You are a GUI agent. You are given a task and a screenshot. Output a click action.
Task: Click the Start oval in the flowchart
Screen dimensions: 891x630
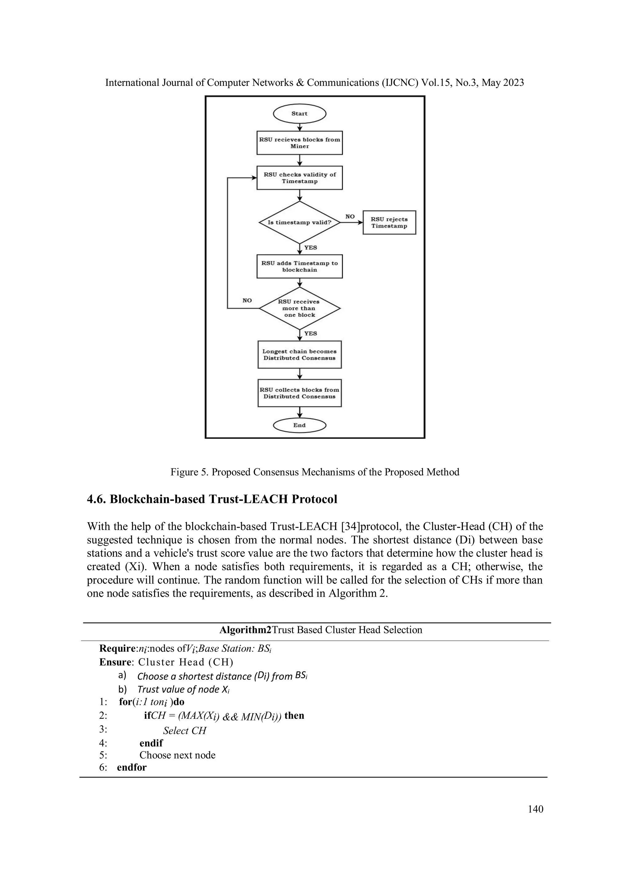click(299, 114)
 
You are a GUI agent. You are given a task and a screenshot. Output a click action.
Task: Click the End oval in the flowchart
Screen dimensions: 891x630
click(299, 425)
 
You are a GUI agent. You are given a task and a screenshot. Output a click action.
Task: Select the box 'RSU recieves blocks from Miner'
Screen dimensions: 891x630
click(299, 143)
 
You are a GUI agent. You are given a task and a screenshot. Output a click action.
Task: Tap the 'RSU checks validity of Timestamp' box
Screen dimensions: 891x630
click(299, 178)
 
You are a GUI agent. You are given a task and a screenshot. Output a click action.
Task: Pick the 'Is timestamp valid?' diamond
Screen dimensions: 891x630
click(299, 223)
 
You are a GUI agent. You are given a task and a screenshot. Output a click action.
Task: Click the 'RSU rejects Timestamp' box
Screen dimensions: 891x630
click(389, 223)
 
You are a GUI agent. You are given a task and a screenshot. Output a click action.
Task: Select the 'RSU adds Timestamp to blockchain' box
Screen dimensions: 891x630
click(299, 266)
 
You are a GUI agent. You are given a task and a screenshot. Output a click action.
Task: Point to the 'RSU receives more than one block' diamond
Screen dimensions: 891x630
click(299, 308)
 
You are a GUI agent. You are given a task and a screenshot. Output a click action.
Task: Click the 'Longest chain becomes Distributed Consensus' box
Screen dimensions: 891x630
click(299, 355)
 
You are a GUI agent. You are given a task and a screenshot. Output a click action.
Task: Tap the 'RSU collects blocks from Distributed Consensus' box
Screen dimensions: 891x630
click(299, 393)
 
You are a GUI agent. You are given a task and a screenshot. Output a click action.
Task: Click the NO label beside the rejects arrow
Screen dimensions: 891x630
click(350, 217)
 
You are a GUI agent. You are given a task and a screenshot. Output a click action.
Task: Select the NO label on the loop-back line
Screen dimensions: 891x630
click(247, 300)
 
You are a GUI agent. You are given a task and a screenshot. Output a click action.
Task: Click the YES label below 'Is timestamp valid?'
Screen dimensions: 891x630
click(310, 248)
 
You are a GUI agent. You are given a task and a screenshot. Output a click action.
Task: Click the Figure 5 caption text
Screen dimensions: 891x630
click(315, 472)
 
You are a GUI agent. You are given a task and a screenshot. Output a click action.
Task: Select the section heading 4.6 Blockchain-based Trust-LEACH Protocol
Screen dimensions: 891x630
click(212, 499)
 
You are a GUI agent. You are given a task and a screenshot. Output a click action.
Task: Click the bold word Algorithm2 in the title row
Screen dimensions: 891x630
click(245, 630)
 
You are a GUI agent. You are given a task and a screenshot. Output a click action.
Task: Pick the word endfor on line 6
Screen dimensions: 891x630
click(132, 768)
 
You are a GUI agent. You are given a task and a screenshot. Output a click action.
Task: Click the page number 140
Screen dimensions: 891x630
click(535, 809)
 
